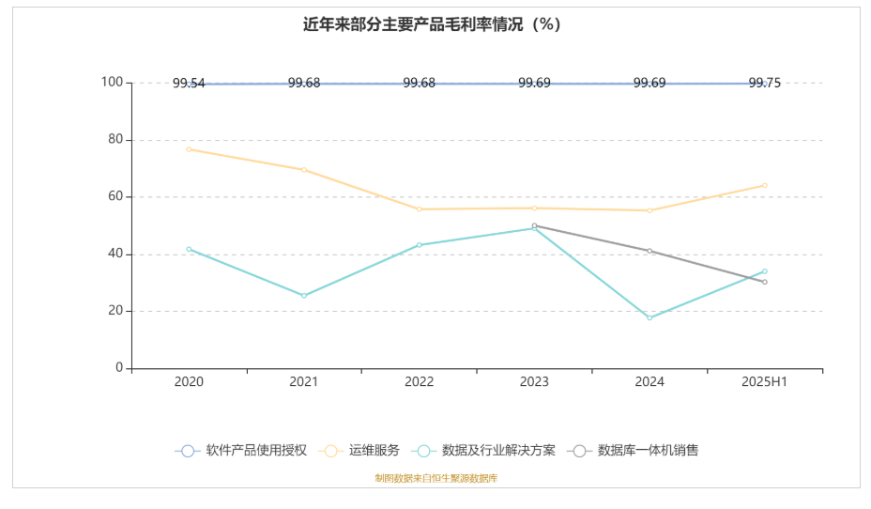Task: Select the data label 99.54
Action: [x=189, y=84]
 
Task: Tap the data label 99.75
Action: [x=764, y=83]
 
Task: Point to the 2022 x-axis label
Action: [x=419, y=382]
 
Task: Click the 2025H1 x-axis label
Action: [x=764, y=382]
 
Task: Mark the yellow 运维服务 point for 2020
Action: [x=189, y=149]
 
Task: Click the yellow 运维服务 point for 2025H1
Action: [x=764, y=185]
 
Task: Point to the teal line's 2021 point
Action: [x=304, y=296]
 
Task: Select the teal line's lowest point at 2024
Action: [x=649, y=317]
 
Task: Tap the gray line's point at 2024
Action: [x=649, y=251]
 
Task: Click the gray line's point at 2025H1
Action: [x=764, y=282]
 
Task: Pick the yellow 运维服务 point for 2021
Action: [x=304, y=170]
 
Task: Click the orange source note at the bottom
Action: [x=435, y=479]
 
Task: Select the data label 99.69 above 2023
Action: [x=534, y=83]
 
